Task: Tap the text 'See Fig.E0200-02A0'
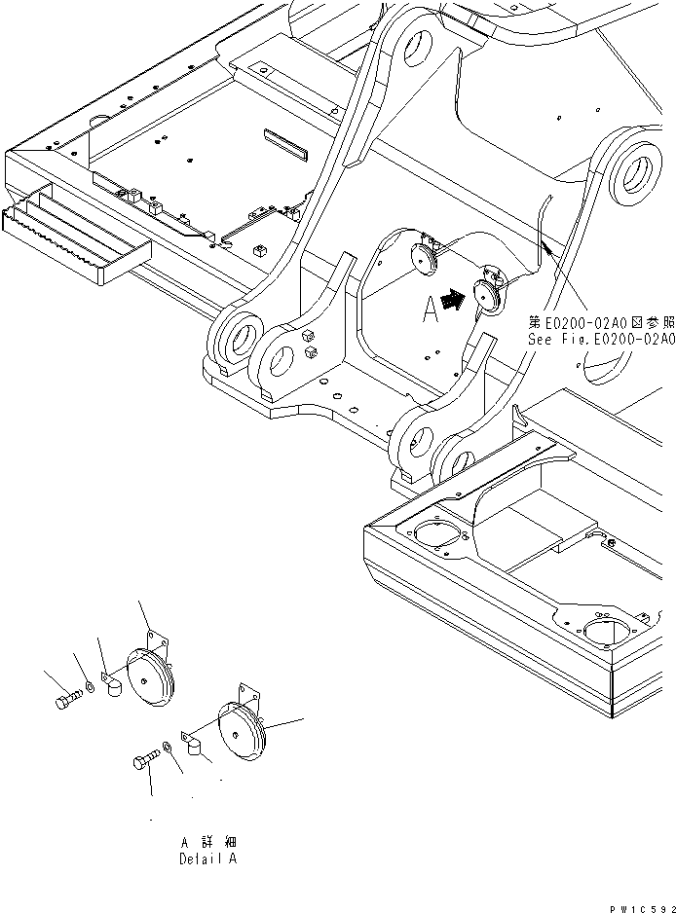click(601, 339)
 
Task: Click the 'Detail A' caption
click(207, 858)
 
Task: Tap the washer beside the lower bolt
click(168, 747)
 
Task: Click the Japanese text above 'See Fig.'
click(601, 321)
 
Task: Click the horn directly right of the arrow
click(486, 295)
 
